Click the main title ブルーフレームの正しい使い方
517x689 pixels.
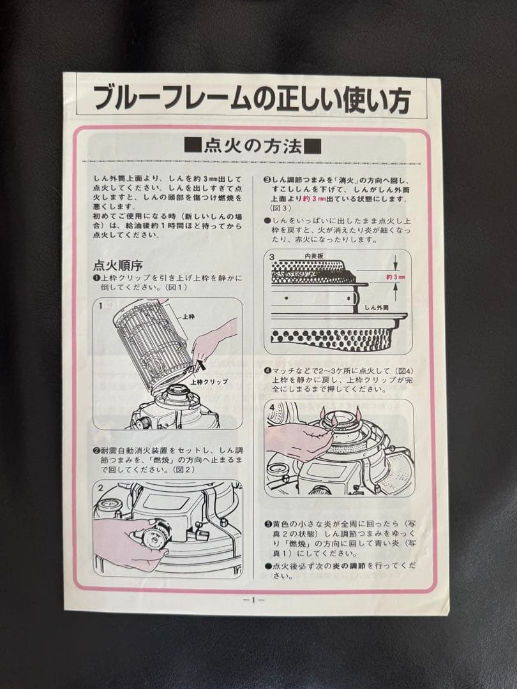click(x=252, y=98)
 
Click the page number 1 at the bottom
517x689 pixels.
click(x=253, y=600)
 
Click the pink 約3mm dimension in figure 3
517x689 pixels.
click(x=396, y=278)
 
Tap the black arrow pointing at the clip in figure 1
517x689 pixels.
click(x=201, y=366)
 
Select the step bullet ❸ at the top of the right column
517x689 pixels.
click(x=267, y=181)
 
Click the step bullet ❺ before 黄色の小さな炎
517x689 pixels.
click(x=267, y=524)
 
